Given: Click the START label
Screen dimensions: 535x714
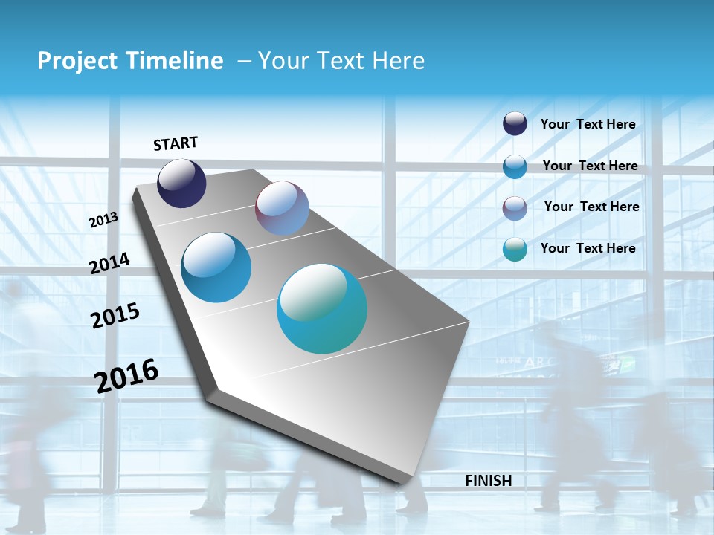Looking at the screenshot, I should coord(176,143).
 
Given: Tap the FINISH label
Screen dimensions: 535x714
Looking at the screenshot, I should coord(489,481).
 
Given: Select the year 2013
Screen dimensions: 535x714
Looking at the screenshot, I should coord(104,220).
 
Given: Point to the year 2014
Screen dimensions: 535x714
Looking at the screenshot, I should coord(110,263).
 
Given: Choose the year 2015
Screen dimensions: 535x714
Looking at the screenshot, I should coord(115,315).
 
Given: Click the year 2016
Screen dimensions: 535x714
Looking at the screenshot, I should coord(126,375).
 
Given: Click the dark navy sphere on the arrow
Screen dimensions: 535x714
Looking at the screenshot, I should coord(181,184).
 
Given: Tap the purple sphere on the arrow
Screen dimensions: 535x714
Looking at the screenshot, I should coord(282,208).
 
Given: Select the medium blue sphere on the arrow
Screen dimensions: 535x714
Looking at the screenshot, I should coord(216,267).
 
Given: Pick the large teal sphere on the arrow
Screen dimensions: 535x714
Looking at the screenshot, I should coord(322,308).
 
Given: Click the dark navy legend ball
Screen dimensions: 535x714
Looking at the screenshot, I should coord(515,123).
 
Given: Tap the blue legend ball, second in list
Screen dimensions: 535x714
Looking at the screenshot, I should coord(515,166).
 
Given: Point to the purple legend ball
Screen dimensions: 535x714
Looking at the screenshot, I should coord(515,208).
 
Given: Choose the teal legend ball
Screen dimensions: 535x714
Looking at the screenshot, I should coord(515,249).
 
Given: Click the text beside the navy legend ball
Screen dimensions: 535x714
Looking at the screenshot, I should coord(588,124).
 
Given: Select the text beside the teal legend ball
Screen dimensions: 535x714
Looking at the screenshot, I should coord(588,248).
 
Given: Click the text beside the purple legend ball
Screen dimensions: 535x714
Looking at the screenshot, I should coord(591,207).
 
